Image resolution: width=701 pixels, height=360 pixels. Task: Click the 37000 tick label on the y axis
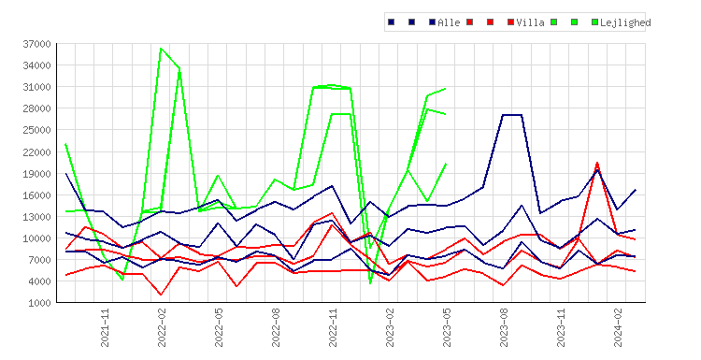point(36,44)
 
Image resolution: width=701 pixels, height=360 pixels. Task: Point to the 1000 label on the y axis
point(39,303)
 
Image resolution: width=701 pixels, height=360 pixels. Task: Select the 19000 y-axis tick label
point(36,174)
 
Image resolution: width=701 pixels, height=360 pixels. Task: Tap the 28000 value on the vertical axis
point(36,108)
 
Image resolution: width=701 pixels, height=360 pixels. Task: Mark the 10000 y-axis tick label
point(36,238)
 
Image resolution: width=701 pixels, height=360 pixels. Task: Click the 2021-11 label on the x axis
point(105,328)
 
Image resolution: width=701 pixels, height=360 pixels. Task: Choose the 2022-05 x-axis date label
point(219,328)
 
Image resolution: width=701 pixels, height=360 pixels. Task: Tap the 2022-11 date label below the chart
point(333,328)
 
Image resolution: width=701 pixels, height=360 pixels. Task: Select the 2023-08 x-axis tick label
point(504,328)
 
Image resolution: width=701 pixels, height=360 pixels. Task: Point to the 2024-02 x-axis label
point(618,328)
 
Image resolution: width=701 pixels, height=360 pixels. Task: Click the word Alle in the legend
point(449,22)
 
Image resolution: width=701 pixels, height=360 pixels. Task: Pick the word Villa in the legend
point(530,22)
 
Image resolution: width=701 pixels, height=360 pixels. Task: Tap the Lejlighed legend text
point(625,22)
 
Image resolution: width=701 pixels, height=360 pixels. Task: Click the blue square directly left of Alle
point(433,22)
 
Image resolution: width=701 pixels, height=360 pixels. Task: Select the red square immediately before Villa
point(511,22)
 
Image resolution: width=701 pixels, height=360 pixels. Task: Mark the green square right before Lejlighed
point(594,22)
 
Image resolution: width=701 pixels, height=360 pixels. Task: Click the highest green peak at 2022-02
point(161,49)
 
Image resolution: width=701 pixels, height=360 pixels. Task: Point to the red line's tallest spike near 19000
point(597,163)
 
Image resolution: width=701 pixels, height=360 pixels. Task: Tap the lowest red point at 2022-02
point(161,295)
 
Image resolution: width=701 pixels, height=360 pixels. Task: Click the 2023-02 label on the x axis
point(390,328)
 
